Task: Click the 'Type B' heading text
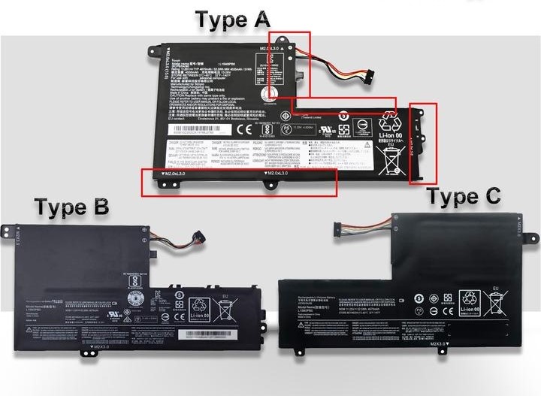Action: pos(72,206)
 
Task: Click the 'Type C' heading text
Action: pos(464,197)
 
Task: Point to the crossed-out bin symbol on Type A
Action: pos(391,155)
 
